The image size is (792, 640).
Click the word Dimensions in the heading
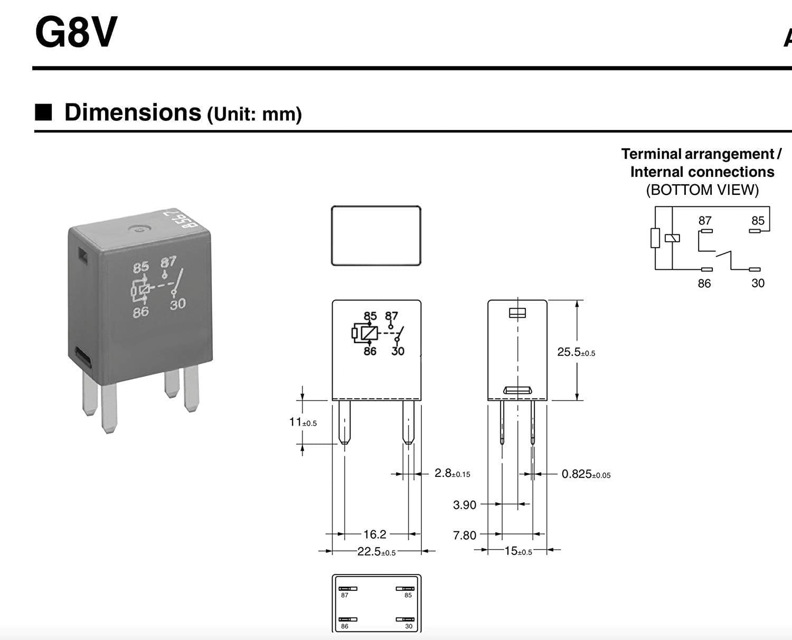pyautogui.click(x=133, y=112)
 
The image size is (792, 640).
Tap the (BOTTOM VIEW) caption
pyautogui.click(x=702, y=190)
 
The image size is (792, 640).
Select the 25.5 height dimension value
pyautogui.click(x=569, y=352)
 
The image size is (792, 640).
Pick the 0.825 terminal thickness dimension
pyautogui.click(x=577, y=474)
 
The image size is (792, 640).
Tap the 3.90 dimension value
pyautogui.click(x=465, y=505)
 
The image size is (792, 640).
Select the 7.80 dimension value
pyautogui.click(x=465, y=535)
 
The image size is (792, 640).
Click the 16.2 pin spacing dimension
pyautogui.click(x=375, y=534)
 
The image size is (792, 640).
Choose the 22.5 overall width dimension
pyautogui.click(x=370, y=552)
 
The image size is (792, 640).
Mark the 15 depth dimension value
pyautogui.click(x=511, y=551)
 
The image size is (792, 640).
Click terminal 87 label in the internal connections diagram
pyautogui.click(x=705, y=221)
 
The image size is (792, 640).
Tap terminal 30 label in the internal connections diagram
pyautogui.click(x=758, y=284)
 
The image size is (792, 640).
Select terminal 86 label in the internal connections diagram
pyautogui.click(x=704, y=284)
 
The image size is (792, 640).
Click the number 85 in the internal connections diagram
pyautogui.click(x=758, y=221)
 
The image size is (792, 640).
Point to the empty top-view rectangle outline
pyautogui.click(x=376, y=236)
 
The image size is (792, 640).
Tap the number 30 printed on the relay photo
pyautogui.click(x=177, y=304)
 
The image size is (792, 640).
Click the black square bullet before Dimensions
pyautogui.click(x=43, y=112)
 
